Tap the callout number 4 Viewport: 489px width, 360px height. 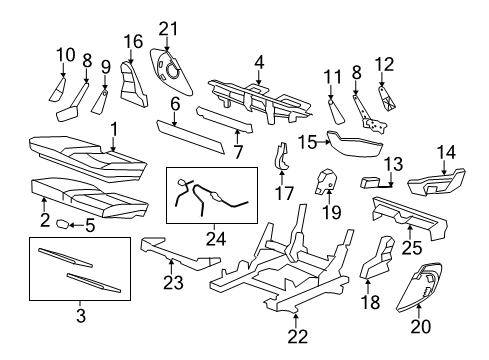pyautogui.click(x=258, y=62)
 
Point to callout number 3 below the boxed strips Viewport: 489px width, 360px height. pyautogui.click(x=81, y=317)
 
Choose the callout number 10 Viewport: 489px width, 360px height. pyautogui.click(x=65, y=54)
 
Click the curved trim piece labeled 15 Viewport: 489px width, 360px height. pyautogui.click(x=350, y=142)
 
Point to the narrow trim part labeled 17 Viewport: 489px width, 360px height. pyautogui.click(x=284, y=156)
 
